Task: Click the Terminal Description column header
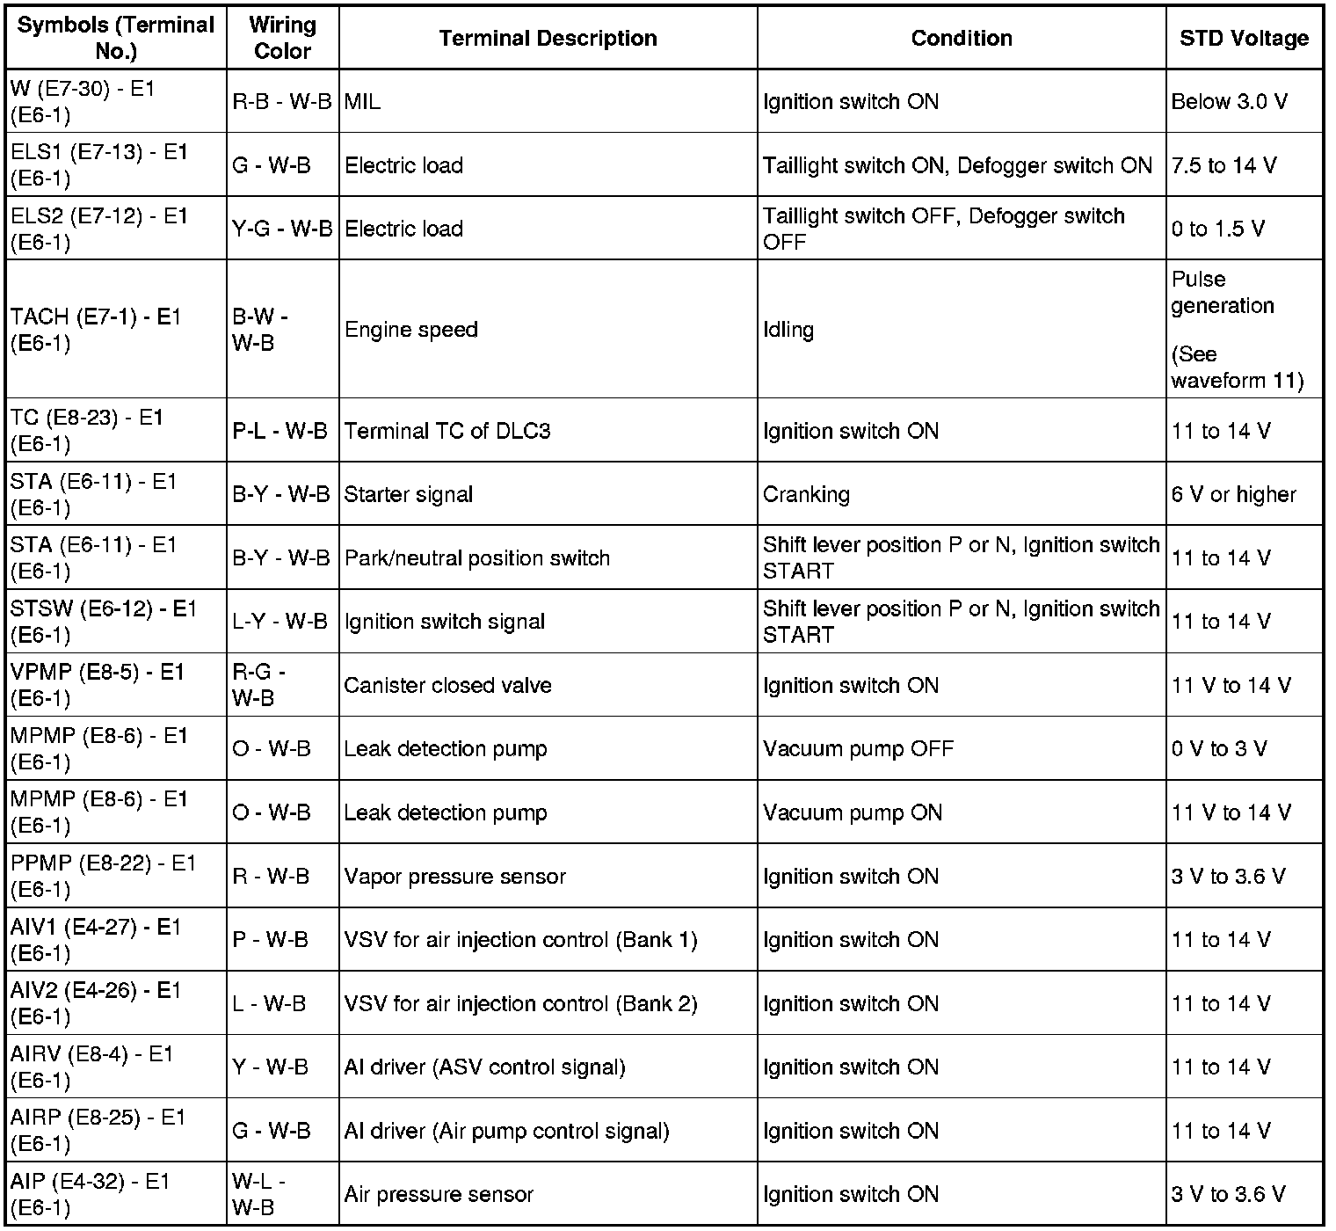pyautogui.click(x=548, y=39)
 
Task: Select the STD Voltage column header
pyautogui.click(x=1244, y=39)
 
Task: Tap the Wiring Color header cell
pyautogui.click(x=282, y=39)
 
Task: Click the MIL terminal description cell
pyautogui.click(x=363, y=102)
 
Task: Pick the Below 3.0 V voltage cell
pyautogui.click(x=1229, y=102)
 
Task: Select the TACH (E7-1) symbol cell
pyautogui.click(x=96, y=330)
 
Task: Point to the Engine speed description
pyautogui.click(x=411, y=330)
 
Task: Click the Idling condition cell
pyautogui.click(x=788, y=330)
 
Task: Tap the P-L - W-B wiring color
pyautogui.click(x=280, y=431)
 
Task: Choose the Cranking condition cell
pyautogui.click(x=806, y=494)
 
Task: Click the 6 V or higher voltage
pyautogui.click(x=1233, y=494)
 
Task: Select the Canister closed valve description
pyautogui.click(x=447, y=685)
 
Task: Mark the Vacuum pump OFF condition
pyautogui.click(x=858, y=749)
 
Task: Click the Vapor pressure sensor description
pyautogui.click(x=454, y=877)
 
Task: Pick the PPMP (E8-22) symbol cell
pyautogui.click(x=104, y=877)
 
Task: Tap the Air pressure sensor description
pyautogui.click(x=439, y=1194)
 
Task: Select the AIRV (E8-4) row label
pyautogui.click(x=92, y=1067)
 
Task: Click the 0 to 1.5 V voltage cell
pyautogui.click(x=1217, y=229)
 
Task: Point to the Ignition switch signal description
pyautogui.click(x=445, y=622)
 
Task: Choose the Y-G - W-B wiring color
pyautogui.click(x=282, y=229)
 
